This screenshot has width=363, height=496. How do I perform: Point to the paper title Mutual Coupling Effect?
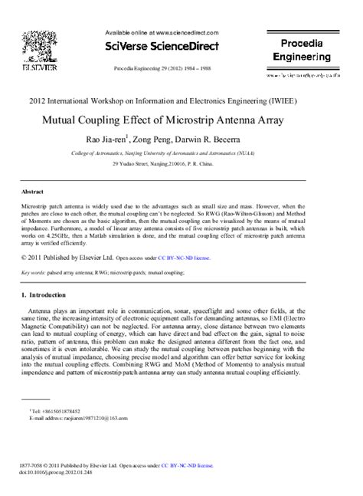172,120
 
